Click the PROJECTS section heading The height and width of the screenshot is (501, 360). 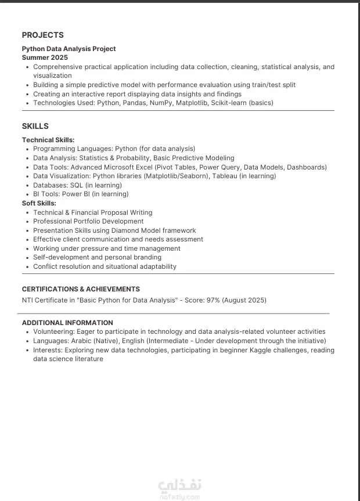coord(43,35)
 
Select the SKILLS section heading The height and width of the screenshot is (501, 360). coord(35,126)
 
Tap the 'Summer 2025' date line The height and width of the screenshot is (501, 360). coord(45,57)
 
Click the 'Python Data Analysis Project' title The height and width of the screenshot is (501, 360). coord(69,49)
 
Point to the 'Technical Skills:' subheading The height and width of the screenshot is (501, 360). coord(48,140)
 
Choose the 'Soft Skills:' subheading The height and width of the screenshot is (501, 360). coord(39,203)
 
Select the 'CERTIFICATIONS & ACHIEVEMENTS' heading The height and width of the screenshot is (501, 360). coord(81,289)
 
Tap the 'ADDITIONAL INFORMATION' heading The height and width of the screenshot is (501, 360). coord(67,323)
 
